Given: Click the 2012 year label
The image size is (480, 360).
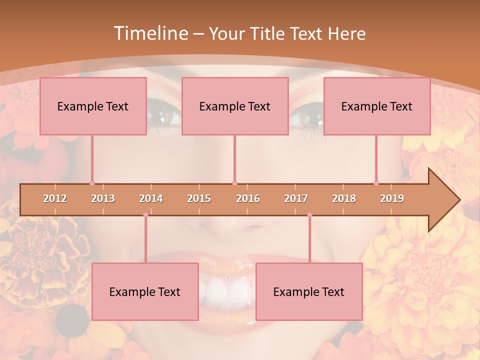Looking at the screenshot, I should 55,198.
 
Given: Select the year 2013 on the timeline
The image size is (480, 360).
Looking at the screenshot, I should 103,198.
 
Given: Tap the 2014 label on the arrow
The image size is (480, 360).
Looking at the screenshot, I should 151,198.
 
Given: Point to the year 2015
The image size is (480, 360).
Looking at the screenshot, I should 199,198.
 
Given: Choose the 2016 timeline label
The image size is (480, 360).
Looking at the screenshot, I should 248,198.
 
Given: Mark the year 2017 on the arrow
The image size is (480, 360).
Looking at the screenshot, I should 296,198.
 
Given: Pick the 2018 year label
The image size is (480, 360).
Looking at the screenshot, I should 344,198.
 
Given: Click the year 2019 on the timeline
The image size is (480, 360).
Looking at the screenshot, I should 392,198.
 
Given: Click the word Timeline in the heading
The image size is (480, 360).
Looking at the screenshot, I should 150,33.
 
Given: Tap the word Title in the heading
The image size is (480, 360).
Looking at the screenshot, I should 266,33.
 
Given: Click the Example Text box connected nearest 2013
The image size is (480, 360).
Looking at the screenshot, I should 93,106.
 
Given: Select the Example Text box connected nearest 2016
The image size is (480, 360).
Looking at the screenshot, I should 235,106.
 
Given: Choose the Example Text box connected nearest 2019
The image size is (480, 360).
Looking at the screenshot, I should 377,106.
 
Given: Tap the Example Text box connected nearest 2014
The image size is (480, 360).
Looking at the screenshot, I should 145,291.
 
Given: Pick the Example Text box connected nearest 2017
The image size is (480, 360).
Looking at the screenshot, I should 309,291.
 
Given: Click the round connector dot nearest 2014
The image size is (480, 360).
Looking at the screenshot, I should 145,215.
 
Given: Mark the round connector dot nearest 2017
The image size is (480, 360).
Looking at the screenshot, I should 309,215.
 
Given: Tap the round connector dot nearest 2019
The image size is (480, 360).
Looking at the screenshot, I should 376,183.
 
